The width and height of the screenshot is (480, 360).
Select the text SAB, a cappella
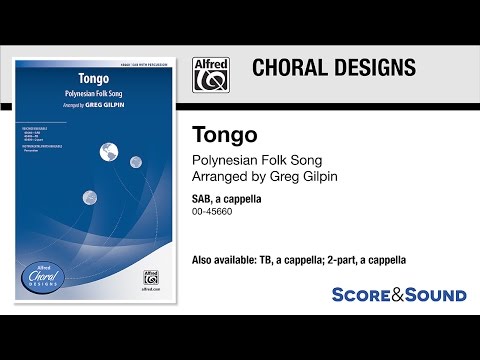coord(225,199)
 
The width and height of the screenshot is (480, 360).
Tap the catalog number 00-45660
coord(212,212)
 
